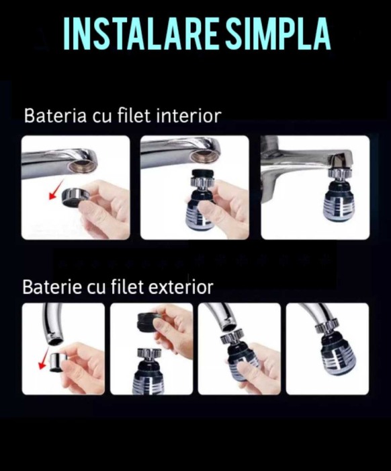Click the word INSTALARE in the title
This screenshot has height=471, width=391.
point(140,33)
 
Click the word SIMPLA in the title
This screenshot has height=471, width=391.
point(278,33)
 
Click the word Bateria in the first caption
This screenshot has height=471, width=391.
point(55,116)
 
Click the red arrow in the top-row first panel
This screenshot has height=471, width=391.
point(56,189)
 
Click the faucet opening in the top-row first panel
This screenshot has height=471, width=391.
point(83,166)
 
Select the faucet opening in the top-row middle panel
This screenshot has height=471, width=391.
point(206,155)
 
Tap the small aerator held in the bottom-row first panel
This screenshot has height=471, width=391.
point(56,362)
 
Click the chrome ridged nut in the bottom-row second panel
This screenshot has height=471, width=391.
point(149,354)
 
